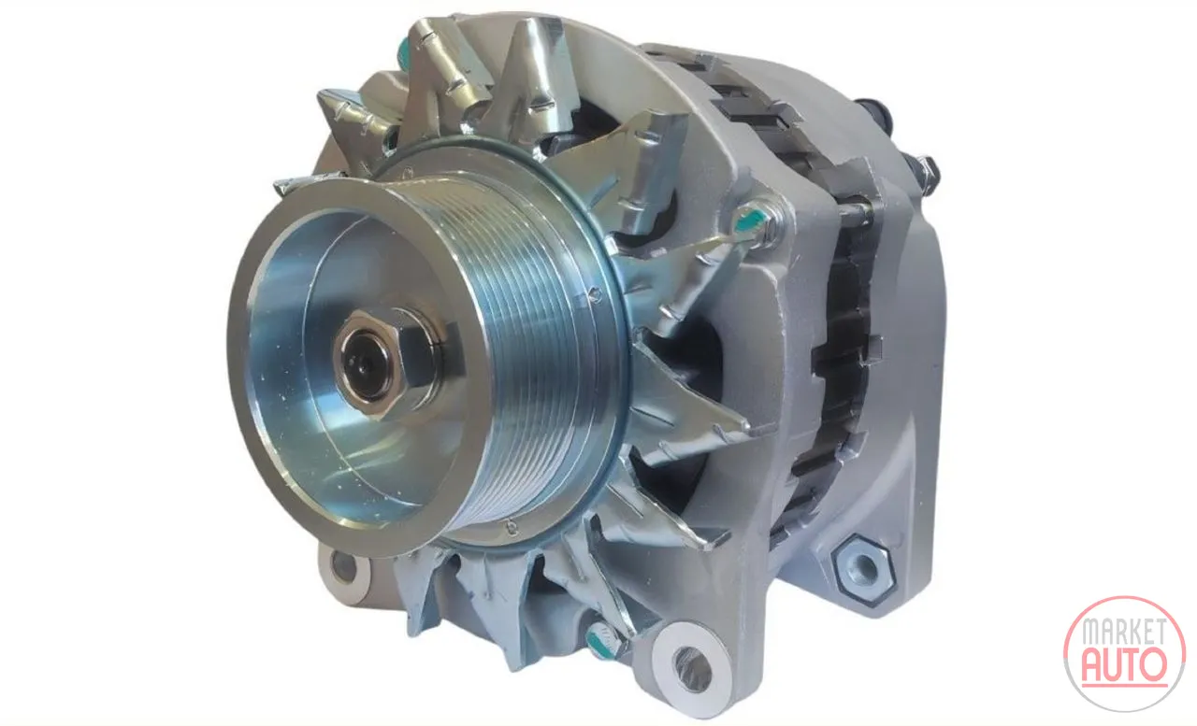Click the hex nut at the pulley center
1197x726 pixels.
[x=391, y=362]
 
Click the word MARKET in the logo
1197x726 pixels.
[x=1124, y=632]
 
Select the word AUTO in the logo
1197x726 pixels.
[x=1123, y=664]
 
